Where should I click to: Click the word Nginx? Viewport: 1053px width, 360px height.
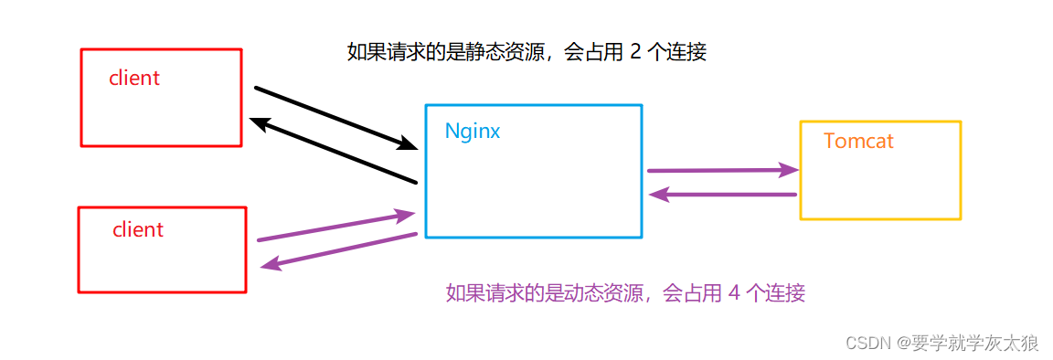pyautogui.click(x=473, y=131)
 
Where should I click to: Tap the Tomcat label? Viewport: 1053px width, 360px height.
pyautogui.click(x=858, y=142)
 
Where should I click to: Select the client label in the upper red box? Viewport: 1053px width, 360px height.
pyautogui.click(x=134, y=79)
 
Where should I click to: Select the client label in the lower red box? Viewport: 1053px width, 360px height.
pyautogui.click(x=138, y=230)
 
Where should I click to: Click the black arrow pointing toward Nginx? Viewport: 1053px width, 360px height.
pyautogui.click(x=335, y=117)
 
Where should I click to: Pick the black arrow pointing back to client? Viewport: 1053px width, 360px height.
pyautogui.click(x=333, y=151)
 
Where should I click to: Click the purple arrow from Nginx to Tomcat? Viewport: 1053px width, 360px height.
pyautogui.click(x=722, y=170)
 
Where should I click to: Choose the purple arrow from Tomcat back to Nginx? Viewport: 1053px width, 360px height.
pyautogui.click(x=722, y=194)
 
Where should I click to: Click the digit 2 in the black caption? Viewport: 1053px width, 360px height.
pyautogui.click(x=635, y=52)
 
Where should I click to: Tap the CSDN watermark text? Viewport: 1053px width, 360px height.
pyautogui.click(x=868, y=344)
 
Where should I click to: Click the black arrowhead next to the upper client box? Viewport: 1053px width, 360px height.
pyautogui.click(x=260, y=123)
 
